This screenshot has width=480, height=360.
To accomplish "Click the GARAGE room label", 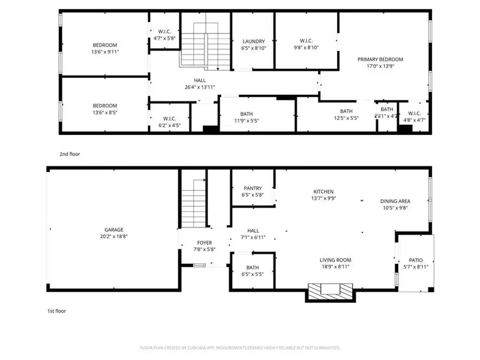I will coord(113,229).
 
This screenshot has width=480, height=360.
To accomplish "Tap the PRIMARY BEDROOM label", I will coord(380,59).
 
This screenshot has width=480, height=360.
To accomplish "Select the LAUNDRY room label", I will coord(253,41).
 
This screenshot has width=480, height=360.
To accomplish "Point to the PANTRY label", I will coord(253,188).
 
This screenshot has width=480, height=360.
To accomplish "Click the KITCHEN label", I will coord(323,191).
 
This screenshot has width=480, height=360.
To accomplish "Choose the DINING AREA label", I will coord(395,201).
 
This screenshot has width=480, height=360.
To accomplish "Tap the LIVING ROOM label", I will coord(335,259).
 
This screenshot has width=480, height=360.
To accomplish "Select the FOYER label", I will coord(204,242).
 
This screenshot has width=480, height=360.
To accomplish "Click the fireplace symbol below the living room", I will coord(331,291).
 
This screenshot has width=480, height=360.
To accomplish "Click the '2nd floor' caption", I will coord(70,154).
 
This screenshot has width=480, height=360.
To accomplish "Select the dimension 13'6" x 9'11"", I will coord(104,52).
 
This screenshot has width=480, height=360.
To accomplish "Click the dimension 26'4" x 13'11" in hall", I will coord(200,87).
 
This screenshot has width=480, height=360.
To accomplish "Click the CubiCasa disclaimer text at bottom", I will coord(240,347).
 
